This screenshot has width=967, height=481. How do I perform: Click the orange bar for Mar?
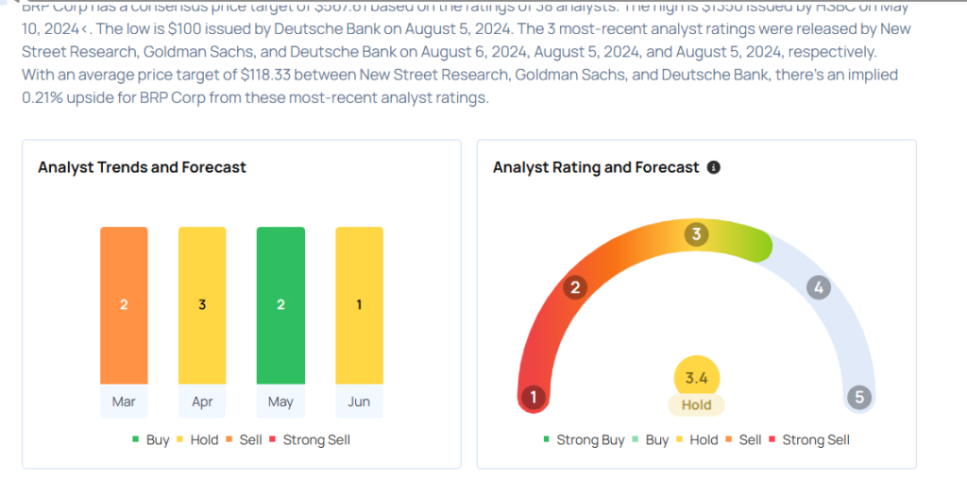click(124, 305)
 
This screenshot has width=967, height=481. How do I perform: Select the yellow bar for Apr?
click(202, 305)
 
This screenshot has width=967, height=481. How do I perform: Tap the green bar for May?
click(280, 305)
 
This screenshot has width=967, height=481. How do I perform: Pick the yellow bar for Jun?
click(359, 305)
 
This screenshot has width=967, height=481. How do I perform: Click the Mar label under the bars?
click(124, 402)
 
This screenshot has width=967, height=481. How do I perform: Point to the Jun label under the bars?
click(359, 402)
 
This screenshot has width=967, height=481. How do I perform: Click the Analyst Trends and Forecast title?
click(142, 167)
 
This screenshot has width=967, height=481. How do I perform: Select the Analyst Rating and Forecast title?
click(596, 167)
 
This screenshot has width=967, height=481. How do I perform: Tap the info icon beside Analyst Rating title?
click(714, 167)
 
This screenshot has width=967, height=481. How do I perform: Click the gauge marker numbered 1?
click(534, 397)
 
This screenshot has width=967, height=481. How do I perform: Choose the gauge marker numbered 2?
click(573, 287)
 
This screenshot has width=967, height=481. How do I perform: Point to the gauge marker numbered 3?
click(697, 233)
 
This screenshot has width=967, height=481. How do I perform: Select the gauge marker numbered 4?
click(819, 287)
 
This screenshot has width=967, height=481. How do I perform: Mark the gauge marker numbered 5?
click(859, 397)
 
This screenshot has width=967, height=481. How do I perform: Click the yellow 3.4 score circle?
click(696, 378)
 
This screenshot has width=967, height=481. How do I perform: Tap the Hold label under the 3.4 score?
click(696, 404)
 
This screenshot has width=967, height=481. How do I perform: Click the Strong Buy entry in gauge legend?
click(584, 439)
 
